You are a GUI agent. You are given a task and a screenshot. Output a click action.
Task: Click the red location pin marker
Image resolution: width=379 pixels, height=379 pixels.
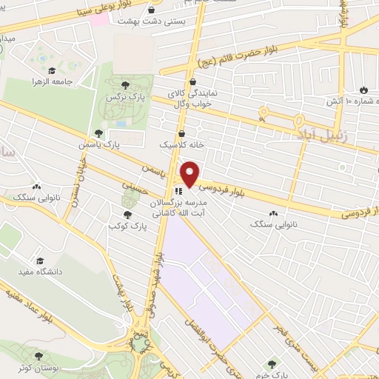(190, 174)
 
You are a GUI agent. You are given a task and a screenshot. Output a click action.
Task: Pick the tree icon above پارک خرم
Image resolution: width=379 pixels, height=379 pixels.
(272, 363)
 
